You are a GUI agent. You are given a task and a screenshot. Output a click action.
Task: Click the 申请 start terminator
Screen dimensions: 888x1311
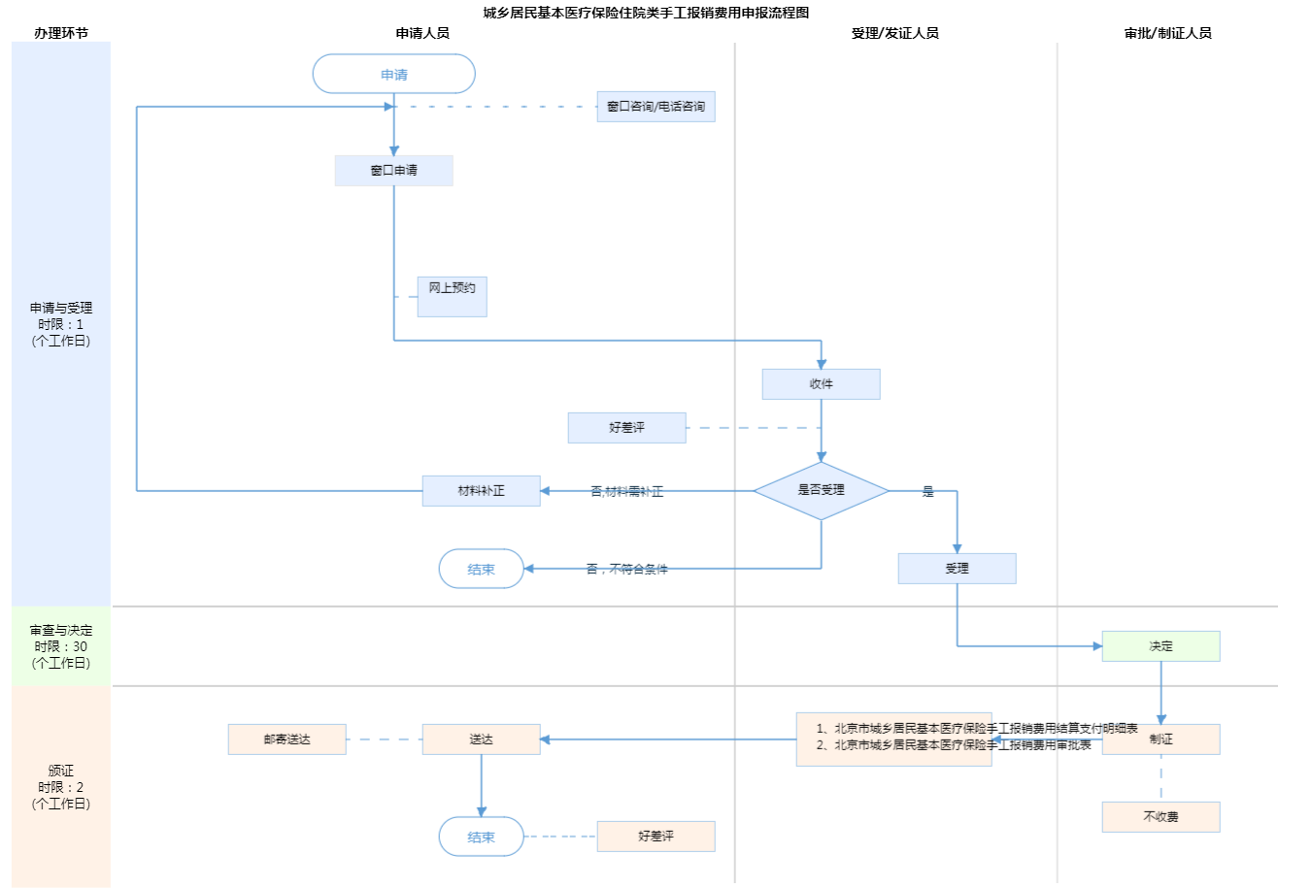click(x=393, y=75)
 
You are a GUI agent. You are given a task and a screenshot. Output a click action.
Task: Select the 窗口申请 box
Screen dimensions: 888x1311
click(x=393, y=171)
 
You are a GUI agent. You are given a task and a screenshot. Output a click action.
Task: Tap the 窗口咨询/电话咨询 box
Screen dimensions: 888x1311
click(x=655, y=107)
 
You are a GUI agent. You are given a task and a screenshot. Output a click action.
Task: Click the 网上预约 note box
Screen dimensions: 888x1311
click(x=452, y=296)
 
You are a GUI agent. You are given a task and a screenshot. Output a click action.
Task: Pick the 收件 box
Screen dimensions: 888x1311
click(x=821, y=384)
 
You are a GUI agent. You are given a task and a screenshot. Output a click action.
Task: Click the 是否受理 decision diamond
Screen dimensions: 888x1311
click(x=821, y=490)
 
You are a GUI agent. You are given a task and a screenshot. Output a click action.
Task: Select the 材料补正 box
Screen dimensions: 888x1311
click(x=481, y=491)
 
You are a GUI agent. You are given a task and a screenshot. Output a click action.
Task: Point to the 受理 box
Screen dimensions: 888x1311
click(x=957, y=569)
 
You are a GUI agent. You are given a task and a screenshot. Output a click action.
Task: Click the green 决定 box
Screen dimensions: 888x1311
click(x=1160, y=646)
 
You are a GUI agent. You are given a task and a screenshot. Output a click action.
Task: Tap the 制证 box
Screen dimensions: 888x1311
click(x=1160, y=740)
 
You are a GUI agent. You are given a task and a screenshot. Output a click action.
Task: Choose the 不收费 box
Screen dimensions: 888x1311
click(x=1160, y=817)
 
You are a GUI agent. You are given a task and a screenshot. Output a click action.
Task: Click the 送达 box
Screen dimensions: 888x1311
click(x=481, y=740)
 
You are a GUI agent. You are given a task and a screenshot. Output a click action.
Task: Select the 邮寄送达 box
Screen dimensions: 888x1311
click(x=286, y=740)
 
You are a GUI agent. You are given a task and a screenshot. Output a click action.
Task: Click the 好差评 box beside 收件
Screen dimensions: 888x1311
click(x=626, y=428)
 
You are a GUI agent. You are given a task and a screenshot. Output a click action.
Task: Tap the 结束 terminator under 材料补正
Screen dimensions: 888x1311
click(x=481, y=570)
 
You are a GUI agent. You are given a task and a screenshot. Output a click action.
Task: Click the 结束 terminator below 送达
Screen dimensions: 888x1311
click(x=481, y=837)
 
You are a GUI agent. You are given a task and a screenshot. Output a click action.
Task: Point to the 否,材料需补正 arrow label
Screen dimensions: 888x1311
click(x=627, y=492)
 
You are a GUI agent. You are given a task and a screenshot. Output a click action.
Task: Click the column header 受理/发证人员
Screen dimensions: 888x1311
click(x=894, y=33)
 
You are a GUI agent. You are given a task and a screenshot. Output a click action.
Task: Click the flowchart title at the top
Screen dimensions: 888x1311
click(x=646, y=13)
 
